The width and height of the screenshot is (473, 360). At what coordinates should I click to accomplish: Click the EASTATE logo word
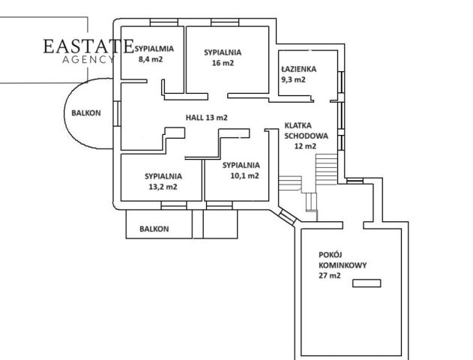tap(88, 46)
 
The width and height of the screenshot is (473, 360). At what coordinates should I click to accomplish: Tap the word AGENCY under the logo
tap(88, 59)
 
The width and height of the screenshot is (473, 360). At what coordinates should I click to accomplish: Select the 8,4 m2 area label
tap(151, 59)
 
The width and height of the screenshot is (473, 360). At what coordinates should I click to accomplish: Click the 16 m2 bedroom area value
tap(223, 63)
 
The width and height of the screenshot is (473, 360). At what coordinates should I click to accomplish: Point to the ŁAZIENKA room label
tap(298, 69)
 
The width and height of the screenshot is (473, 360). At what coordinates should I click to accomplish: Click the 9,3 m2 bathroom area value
tap(293, 79)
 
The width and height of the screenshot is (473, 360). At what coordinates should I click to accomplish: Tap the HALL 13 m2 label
tap(206, 118)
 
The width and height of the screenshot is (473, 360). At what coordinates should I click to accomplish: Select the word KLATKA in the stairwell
tap(298, 125)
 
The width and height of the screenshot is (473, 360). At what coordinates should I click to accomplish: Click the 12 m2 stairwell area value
tap(305, 146)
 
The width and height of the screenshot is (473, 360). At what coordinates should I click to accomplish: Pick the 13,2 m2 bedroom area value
tap(163, 187)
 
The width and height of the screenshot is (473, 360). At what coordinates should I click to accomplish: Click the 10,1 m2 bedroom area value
tap(244, 175)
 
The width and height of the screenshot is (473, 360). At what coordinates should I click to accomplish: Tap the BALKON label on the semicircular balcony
tap(86, 113)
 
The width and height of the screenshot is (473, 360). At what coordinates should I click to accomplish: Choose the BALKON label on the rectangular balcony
tap(154, 229)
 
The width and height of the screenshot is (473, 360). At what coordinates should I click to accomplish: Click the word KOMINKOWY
tap(343, 265)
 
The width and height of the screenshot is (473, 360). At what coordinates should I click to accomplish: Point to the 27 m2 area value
tap(330, 275)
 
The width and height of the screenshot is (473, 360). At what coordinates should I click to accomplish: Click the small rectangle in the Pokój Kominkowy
tap(367, 283)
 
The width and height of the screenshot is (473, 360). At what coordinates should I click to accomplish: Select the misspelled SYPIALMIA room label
tap(154, 49)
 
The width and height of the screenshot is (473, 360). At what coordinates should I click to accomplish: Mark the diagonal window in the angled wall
tap(287, 216)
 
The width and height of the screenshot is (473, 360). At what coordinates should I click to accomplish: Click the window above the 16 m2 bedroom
tap(225, 22)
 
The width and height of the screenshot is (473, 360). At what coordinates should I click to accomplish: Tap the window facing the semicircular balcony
tap(117, 113)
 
